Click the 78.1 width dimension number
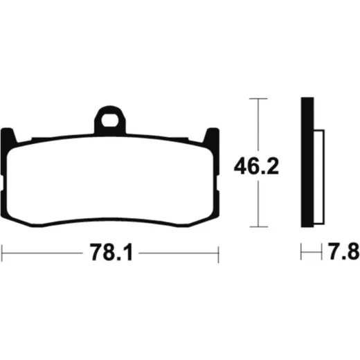click(111, 253)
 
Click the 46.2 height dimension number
click(256, 166)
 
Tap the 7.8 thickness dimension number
click(343, 251)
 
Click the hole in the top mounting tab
click(110, 120)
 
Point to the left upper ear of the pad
click(8, 136)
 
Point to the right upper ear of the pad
click(211, 136)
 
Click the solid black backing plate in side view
click(307, 162)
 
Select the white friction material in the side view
click(319, 177)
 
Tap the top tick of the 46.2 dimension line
click(258, 99)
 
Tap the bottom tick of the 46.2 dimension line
click(259, 226)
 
